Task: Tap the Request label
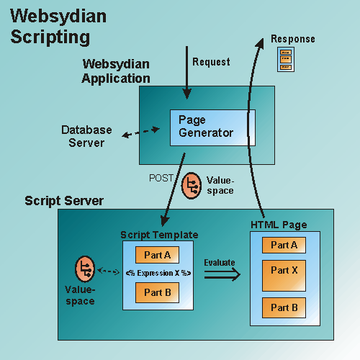pos(212,62)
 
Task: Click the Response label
pos(292,38)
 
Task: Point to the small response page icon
pos(286,60)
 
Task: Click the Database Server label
pos(86,136)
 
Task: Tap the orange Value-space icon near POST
pos(192,184)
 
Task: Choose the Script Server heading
pos(64,200)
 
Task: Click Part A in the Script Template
pos(157,254)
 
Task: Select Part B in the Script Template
pos(157,292)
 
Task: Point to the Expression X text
pos(158,273)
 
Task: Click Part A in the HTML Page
pos(284,245)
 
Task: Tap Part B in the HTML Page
pos(284,307)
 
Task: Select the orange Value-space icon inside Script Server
pos(85,271)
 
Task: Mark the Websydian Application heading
pos(116,71)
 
